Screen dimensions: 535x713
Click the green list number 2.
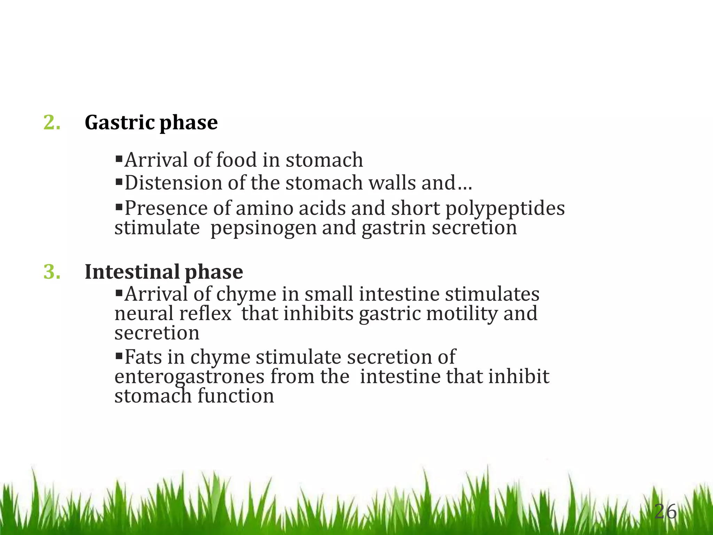pos(52,123)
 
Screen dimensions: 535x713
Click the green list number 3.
pos(52,272)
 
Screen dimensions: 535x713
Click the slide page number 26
pos(665,512)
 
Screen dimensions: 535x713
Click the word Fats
pos(143,357)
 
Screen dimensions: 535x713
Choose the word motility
pos(462,314)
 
